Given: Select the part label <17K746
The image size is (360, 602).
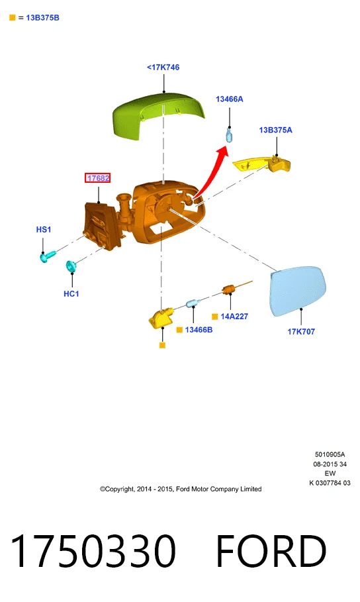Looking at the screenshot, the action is (x=163, y=67).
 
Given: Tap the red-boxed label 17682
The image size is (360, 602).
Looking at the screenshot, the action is (x=98, y=177).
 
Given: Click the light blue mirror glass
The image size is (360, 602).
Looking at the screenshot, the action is (x=298, y=290).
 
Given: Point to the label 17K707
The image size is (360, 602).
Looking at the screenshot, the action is (x=301, y=331).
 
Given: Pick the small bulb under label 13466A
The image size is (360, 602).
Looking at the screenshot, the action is (x=229, y=135).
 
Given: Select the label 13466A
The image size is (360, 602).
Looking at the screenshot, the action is (x=230, y=99).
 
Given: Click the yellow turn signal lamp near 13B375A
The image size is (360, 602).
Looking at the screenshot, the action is (x=262, y=164).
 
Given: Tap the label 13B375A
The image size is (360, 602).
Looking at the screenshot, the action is (x=275, y=130).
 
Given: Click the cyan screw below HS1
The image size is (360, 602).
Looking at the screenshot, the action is (x=48, y=256).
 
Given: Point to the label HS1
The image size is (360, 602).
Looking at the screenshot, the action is (x=44, y=230).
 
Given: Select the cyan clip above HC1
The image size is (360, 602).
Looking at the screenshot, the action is (x=71, y=266).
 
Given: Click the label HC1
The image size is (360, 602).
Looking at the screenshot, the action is (x=71, y=293).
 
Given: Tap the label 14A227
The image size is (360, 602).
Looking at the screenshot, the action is (x=234, y=317).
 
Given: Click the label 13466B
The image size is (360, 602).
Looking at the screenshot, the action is (x=199, y=330).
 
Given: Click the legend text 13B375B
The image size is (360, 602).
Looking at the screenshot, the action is (x=42, y=18).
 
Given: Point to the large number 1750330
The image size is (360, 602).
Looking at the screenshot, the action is (x=93, y=550).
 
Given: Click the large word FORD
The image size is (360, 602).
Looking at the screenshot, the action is (x=271, y=550).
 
